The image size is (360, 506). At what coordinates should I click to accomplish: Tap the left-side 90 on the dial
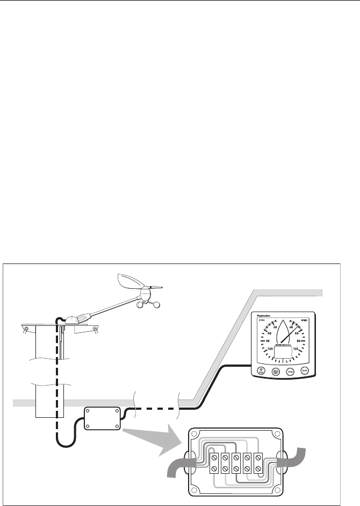[267, 340]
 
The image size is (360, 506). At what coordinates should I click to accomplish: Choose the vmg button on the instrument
[290, 370]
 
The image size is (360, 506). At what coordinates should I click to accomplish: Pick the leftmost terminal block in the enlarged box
[213, 461]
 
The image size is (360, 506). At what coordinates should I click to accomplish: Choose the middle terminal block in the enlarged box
[236, 461]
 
